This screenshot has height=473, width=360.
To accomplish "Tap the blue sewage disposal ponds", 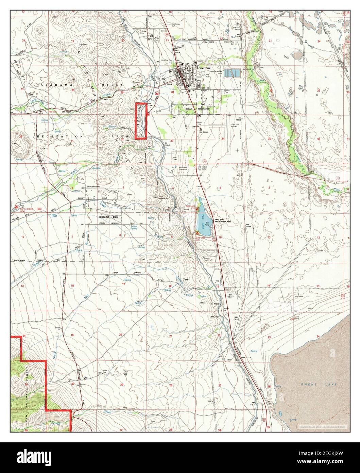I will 234,72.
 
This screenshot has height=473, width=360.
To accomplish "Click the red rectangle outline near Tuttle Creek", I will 141,121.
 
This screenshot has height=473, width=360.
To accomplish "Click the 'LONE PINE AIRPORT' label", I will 236,125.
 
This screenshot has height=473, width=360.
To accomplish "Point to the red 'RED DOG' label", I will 53,112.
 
